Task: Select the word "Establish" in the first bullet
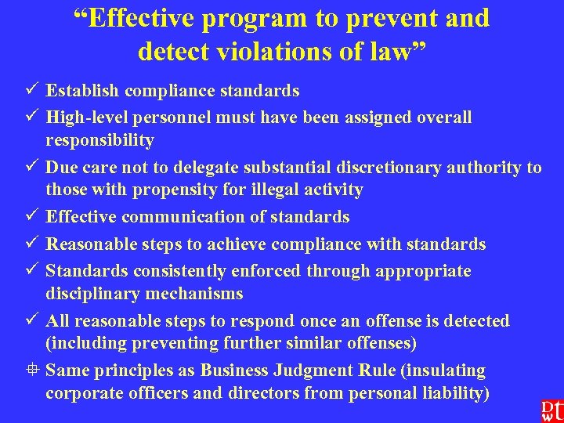pyautogui.click(x=81, y=91)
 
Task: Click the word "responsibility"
pyautogui.click(x=99, y=140)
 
